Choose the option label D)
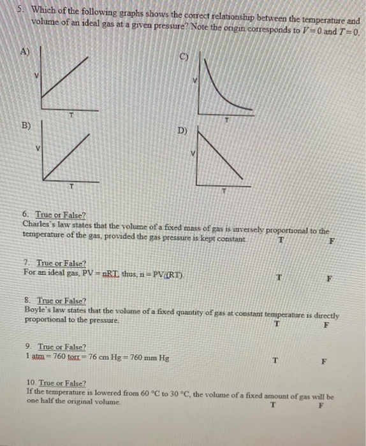point(182,131)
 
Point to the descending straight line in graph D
point(223,156)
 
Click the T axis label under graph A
point(72,115)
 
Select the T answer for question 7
point(279,277)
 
